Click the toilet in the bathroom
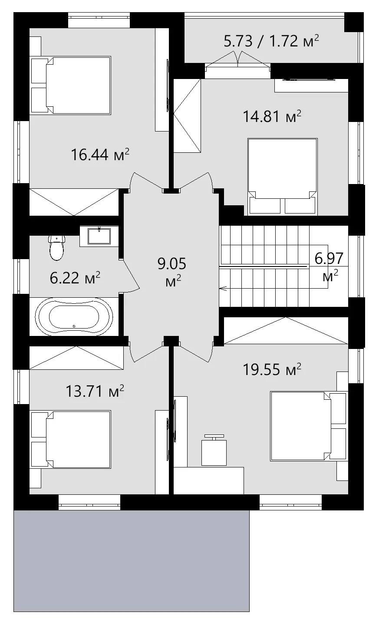pyautogui.click(x=56, y=247)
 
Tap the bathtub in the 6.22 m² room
pyautogui.click(x=74, y=316)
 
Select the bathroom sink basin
pyautogui.click(x=99, y=236)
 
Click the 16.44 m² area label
pyautogui.click(x=100, y=155)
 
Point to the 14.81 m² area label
pyautogui.click(x=272, y=116)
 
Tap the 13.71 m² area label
pyautogui.click(x=95, y=391)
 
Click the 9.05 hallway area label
pyautogui.click(x=172, y=272)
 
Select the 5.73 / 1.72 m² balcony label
pyautogui.click(x=271, y=41)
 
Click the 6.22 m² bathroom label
pyautogui.click(x=75, y=278)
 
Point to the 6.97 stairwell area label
pyautogui.click(x=329, y=266)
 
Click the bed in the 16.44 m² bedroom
pyautogui.click(x=71, y=86)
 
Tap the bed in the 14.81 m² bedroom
pyautogui.click(x=283, y=177)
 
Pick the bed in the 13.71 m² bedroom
pyautogui.click(x=71, y=439)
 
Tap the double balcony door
pyautogui.click(x=238, y=59)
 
